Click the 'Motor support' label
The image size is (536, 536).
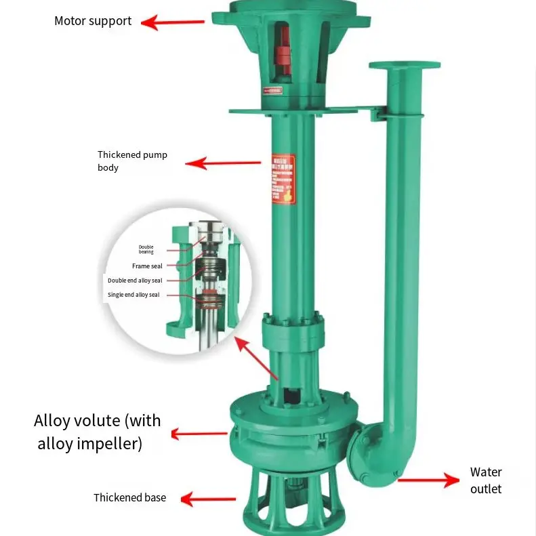93,21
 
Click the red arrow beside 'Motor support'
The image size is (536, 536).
173,22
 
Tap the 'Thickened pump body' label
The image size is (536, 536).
132,161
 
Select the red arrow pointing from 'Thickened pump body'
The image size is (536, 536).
223,163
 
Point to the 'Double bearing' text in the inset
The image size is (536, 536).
146,249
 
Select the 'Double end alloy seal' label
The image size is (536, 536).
135,280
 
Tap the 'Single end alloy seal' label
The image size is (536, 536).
135,295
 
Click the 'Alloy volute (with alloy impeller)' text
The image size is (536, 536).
98,432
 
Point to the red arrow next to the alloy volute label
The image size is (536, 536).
199,434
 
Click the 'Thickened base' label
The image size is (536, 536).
129,498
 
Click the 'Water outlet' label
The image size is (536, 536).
486,480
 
